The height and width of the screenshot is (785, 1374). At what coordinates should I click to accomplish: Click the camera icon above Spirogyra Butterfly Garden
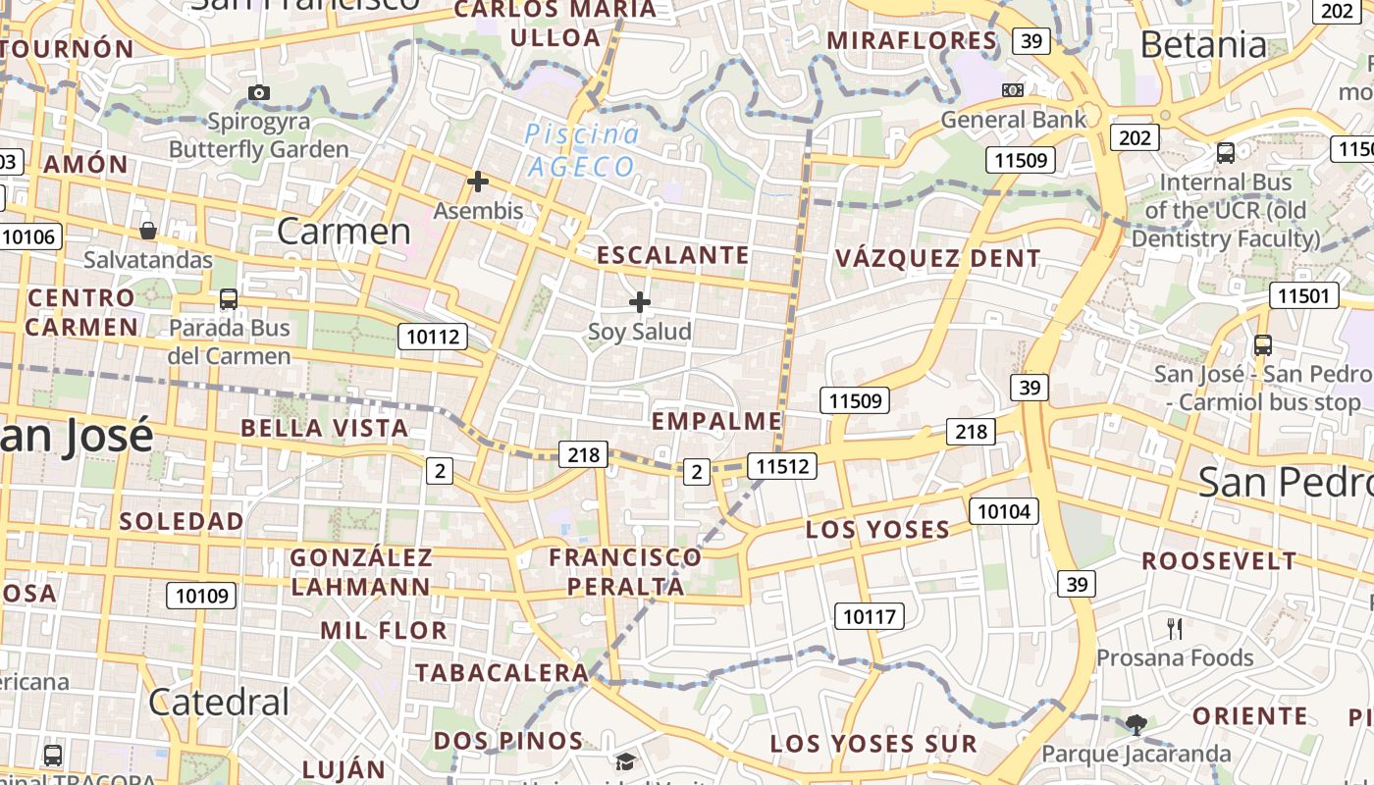pyautogui.click(x=259, y=93)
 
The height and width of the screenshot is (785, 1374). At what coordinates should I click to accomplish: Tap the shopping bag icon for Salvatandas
pyautogui.click(x=147, y=231)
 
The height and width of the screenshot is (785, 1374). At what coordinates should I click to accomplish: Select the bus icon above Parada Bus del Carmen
pyautogui.click(x=229, y=298)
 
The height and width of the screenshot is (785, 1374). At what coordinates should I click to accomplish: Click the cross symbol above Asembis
pyautogui.click(x=478, y=182)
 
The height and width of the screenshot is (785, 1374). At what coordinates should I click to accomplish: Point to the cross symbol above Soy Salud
pyautogui.click(x=640, y=302)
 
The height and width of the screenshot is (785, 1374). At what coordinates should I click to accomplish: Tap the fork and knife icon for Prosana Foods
pyautogui.click(x=1175, y=628)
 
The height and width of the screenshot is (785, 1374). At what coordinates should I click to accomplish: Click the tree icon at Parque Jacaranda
pyautogui.click(x=1136, y=725)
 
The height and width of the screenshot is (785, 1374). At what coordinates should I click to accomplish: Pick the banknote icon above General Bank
pyautogui.click(x=1013, y=90)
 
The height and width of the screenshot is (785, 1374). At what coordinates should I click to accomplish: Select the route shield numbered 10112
pyautogui.click(x=433, y=338)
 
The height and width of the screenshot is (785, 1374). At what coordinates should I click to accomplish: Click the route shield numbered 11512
pyautogui.click(x=781, y=466)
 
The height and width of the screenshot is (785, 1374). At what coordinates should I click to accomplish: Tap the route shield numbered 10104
pyautogui.click(x=1004, y=510)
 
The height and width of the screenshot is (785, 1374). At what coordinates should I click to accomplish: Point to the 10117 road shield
pyautogui.click(x=870, y=616)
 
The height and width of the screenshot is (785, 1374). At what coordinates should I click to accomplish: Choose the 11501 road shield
pyautogui.click(x=1304, y=295)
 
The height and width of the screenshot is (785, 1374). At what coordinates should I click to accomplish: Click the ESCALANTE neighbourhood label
pyautogui.click(x=673, y=256)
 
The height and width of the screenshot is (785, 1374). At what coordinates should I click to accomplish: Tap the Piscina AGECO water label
pyautogui.click(x=583, y=150)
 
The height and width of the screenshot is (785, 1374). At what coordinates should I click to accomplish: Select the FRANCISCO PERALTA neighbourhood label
pyautogui.click(x=625, y=572)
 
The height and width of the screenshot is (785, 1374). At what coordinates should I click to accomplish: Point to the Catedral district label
pyautogui.click(x=219, y=702)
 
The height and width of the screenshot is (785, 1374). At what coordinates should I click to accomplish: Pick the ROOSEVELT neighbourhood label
pyautogui.click(x=1219, y=561)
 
